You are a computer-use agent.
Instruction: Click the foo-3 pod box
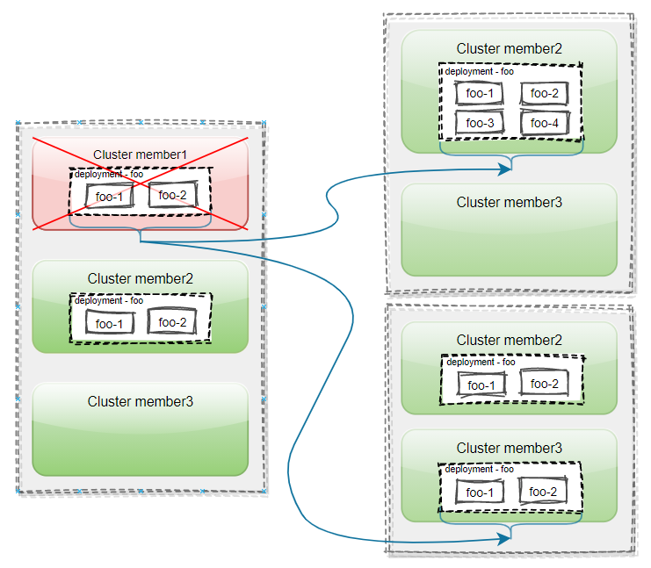[480, 123]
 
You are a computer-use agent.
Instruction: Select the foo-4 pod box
[544, 123]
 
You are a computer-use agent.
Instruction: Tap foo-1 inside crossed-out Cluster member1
[108, 197]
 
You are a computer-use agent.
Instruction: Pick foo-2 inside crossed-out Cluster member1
[172, 195]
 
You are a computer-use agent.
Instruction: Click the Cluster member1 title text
[140, 155]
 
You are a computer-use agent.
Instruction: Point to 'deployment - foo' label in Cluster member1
[108, 174]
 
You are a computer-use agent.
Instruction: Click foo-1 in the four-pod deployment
[480, 94]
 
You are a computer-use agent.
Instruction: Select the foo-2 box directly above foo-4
[544, 94]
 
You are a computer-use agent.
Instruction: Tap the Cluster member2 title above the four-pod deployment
[509, 49]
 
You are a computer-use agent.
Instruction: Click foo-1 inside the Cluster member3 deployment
[480, 493]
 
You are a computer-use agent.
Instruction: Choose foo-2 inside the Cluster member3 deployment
[544, 492]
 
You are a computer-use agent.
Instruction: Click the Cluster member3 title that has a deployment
[509, 449]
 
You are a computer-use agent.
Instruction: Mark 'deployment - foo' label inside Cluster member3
[480, 470]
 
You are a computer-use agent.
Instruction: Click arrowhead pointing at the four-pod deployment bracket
[507, 170]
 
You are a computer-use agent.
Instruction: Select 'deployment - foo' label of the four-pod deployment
[479, 71]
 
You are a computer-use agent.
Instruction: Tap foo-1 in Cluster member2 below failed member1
[108, 324]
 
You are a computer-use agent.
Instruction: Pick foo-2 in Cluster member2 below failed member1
[172, 322]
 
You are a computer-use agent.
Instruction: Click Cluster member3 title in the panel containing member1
[140, 401]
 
